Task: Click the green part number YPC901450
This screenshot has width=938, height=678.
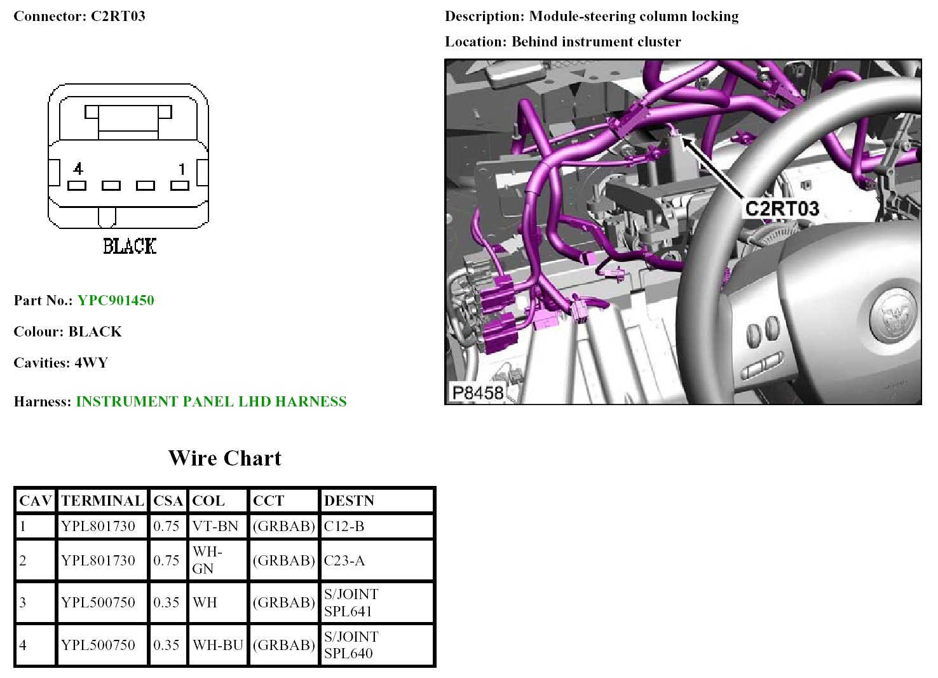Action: point(116,300)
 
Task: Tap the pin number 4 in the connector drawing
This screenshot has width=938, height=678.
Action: point(78,169)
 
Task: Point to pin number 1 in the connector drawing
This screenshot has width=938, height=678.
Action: point(182,169)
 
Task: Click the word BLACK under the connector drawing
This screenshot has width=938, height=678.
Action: point(130,246)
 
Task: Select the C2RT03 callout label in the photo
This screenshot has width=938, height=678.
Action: point(782,208)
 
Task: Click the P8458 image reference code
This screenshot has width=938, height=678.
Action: point(478,392)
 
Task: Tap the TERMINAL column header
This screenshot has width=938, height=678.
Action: point(102,501)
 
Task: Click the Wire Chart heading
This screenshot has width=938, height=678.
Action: point(225,458)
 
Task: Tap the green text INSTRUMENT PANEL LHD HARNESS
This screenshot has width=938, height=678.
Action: point(212,401)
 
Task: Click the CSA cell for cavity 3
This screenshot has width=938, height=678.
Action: point(167,602)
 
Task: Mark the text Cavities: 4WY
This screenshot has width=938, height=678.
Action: point(61,363)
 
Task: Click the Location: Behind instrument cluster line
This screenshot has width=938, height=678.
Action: point(563,41)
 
